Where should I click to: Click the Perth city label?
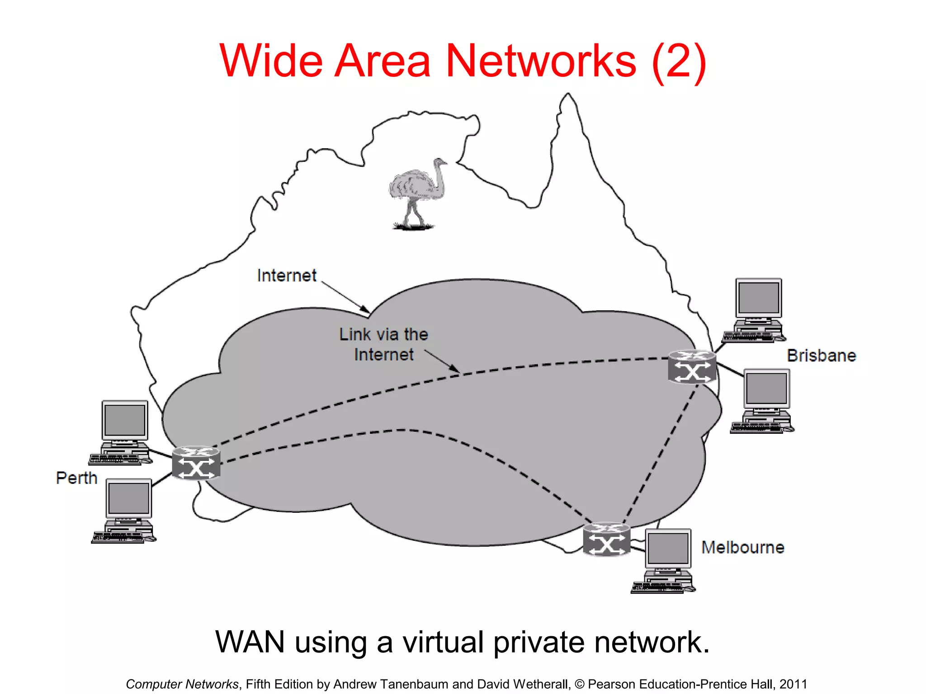tap(76, 478)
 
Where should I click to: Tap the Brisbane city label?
tap(821, 356)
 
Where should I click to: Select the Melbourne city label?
tap(742, 548)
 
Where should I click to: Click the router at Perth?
tap(196, 463)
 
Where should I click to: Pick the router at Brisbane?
tap(692, 367)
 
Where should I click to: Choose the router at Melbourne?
tap(606, 539)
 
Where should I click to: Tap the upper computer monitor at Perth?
tap(125, 420)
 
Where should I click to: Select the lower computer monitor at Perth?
tap(129, 498)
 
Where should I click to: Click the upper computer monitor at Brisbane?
tap(759, 298)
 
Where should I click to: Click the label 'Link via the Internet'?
tap(383, 344)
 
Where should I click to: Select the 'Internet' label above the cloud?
tap(287, 276)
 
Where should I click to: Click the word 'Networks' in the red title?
tap(541, 61)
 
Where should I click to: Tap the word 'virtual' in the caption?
tap(443, 642)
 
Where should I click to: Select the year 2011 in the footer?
tap(793, 684)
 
